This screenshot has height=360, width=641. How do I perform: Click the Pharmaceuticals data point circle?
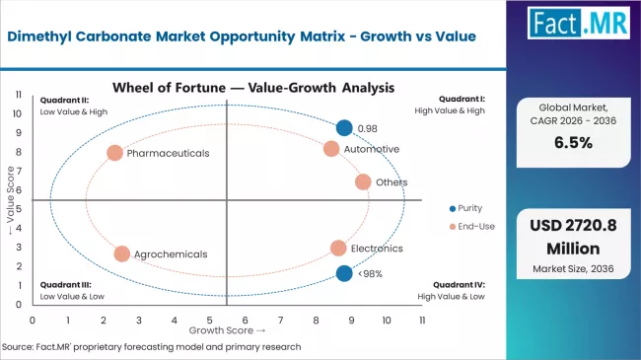tap(114, 153)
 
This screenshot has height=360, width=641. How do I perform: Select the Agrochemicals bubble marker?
tap(121, 253)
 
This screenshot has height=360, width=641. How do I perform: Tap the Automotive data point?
tap(331, 149)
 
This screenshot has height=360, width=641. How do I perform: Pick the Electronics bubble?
tap(338, 249)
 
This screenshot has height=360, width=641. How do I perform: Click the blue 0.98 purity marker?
tap(343, 127)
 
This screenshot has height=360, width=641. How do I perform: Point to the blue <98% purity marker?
tap(343, 273)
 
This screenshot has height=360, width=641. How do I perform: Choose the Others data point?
tap(363, 181)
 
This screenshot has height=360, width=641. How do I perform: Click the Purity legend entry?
tap(471, 208)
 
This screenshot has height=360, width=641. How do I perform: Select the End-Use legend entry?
tap(475, 227)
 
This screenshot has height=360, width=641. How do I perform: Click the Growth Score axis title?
tap(227, 330)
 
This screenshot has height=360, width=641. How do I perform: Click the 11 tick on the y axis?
tap(19, 94)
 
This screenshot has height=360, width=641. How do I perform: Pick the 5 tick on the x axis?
tap(210, 321)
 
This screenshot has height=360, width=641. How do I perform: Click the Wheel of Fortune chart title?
tap(253, 87)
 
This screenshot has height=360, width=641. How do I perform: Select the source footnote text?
tap(152, 347)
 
